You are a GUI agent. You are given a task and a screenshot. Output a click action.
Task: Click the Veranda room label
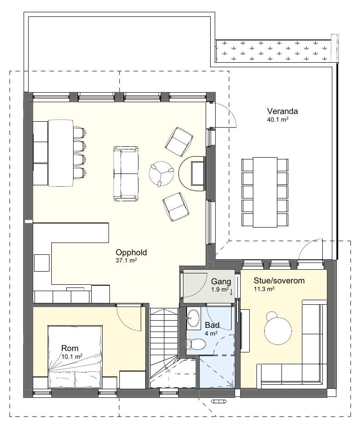point(282,111)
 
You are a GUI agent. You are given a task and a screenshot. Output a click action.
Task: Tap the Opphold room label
point(131,253)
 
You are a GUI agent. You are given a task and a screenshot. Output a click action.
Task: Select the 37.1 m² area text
point(126,260)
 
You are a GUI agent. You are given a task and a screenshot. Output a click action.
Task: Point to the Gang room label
point(221,282)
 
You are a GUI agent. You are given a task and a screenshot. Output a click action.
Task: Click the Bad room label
point(212,325)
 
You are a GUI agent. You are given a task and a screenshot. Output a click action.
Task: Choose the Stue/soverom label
point(279,281)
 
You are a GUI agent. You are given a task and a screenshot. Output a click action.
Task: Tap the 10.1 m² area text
point(72,357)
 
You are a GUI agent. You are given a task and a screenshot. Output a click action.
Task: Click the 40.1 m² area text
point(277,119)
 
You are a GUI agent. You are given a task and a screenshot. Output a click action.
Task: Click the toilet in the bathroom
point(196,345)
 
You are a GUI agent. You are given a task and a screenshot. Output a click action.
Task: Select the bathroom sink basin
point(193,318)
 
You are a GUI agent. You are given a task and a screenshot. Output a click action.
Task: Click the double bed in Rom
point(75,356)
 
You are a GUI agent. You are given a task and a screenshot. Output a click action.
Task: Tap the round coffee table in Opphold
point(161,174)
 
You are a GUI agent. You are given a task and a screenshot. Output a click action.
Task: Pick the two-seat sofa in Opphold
point(126,173)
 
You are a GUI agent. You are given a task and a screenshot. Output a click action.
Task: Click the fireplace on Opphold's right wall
point(192,173)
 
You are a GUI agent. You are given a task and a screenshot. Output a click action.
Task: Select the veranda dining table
point(265,192)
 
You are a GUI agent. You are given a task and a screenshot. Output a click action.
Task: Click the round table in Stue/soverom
point(278,331)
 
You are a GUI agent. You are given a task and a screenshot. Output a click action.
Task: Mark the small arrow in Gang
point(231,292)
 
